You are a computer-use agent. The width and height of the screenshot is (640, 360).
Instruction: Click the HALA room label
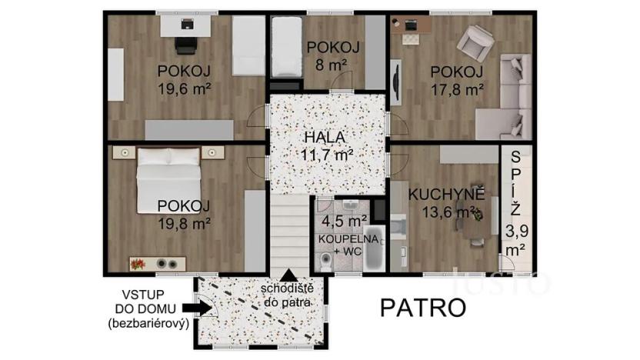click(323, 137)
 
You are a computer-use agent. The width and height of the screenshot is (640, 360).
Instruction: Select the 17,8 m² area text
click(457, 88)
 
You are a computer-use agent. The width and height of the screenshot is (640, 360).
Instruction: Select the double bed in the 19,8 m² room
click(169, 178)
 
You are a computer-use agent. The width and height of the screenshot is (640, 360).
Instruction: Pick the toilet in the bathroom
click(327, 261)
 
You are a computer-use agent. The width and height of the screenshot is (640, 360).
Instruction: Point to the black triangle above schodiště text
click(288, 275)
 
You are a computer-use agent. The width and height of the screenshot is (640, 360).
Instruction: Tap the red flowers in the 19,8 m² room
click(138, 264)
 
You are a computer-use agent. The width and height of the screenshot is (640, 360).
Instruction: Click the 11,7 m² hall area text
click(327, 154)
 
